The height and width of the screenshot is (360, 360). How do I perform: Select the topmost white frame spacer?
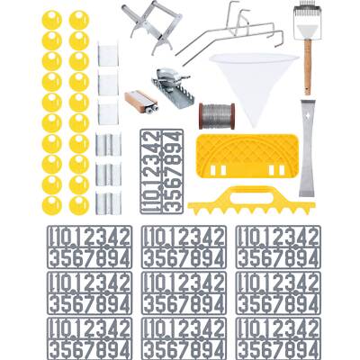coord(108,52)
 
